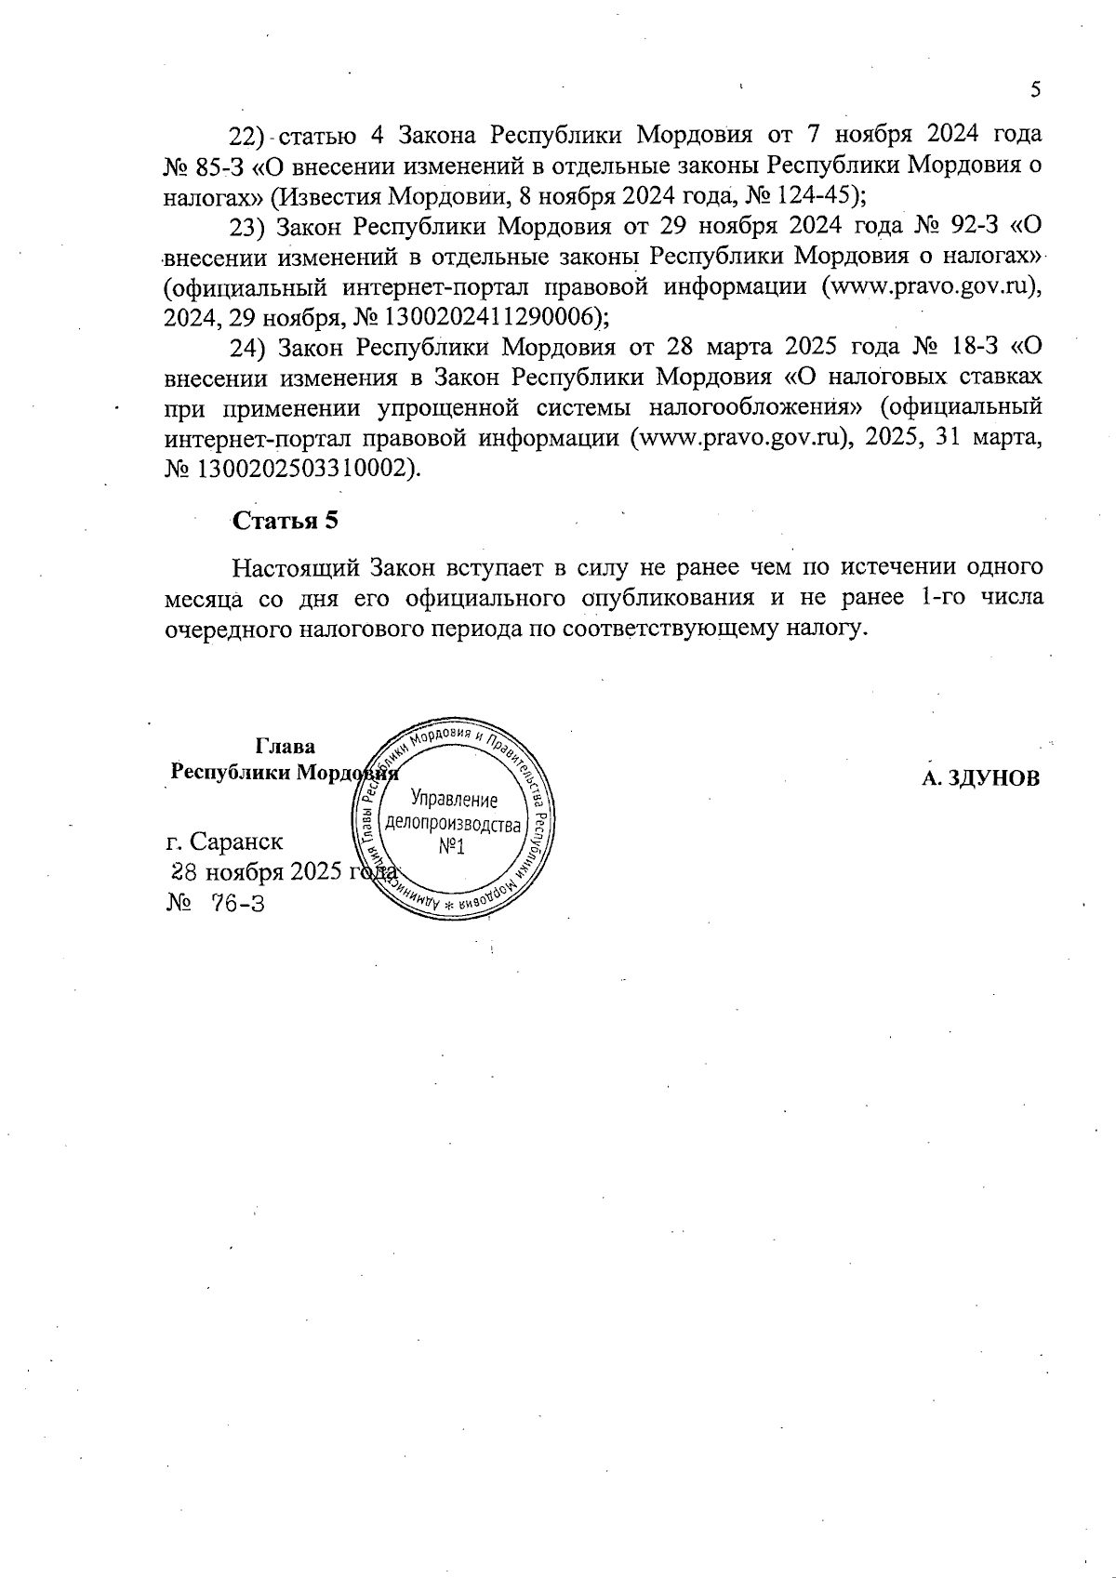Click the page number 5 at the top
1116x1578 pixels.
point(1035,90)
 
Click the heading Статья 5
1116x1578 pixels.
point(285,521)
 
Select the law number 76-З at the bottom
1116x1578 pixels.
point(238,903)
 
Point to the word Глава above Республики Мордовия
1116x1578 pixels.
point(285,747)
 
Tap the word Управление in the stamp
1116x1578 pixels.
point(454,800)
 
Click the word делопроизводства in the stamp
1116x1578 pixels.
point(453,825)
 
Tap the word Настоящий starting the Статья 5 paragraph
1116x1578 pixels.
point(296,566)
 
